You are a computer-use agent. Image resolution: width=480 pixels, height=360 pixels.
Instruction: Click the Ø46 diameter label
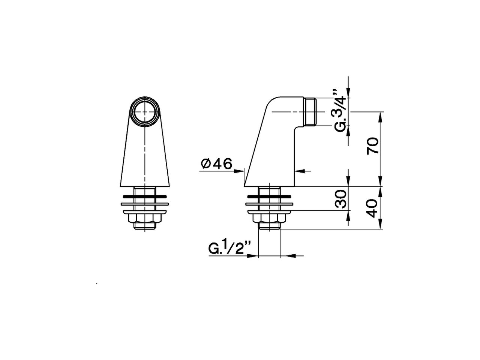point(217,164)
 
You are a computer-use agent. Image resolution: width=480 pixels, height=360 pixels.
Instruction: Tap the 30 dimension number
point(340,198)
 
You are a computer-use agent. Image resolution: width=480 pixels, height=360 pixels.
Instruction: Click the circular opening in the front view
point(145,112)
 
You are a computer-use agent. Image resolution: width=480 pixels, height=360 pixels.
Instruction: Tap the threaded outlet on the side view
point(310,112)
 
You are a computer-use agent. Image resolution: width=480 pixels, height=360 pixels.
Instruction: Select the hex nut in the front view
point(145,218)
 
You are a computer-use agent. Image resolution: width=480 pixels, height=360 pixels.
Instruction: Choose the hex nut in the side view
point(269,218)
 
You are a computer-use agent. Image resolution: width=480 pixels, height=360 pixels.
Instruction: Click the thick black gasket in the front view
point(145,196)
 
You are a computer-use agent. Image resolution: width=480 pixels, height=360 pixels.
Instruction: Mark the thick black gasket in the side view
point(269,196)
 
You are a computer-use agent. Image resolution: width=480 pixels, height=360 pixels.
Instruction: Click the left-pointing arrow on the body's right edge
point(298,171)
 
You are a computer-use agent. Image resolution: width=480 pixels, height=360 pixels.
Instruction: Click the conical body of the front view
point(145,157)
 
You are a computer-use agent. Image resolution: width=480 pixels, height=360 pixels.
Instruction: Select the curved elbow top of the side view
point(277,103)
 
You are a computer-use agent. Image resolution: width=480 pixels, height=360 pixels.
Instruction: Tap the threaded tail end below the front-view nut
point(145,226)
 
